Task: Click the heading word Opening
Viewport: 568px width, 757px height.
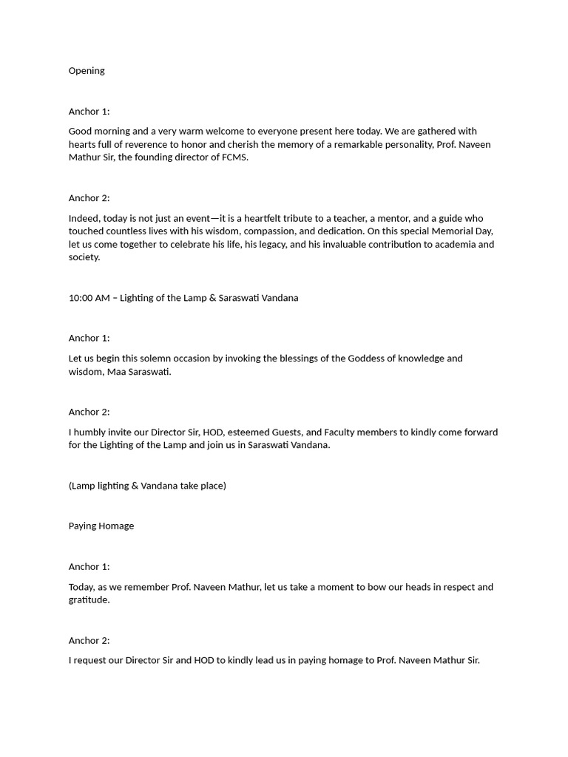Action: (x=87, y=71)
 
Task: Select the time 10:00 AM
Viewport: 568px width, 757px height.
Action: (x=89, y=298)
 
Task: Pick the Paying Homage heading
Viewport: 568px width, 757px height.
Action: (x=101, y=526)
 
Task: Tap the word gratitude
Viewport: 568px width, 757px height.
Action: (x=88, y=600)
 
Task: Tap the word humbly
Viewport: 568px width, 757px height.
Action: (x=95, y=432)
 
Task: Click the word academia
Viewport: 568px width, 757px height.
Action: (x=456, y=245)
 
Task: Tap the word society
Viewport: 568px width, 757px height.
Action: (x=84, y=258)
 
